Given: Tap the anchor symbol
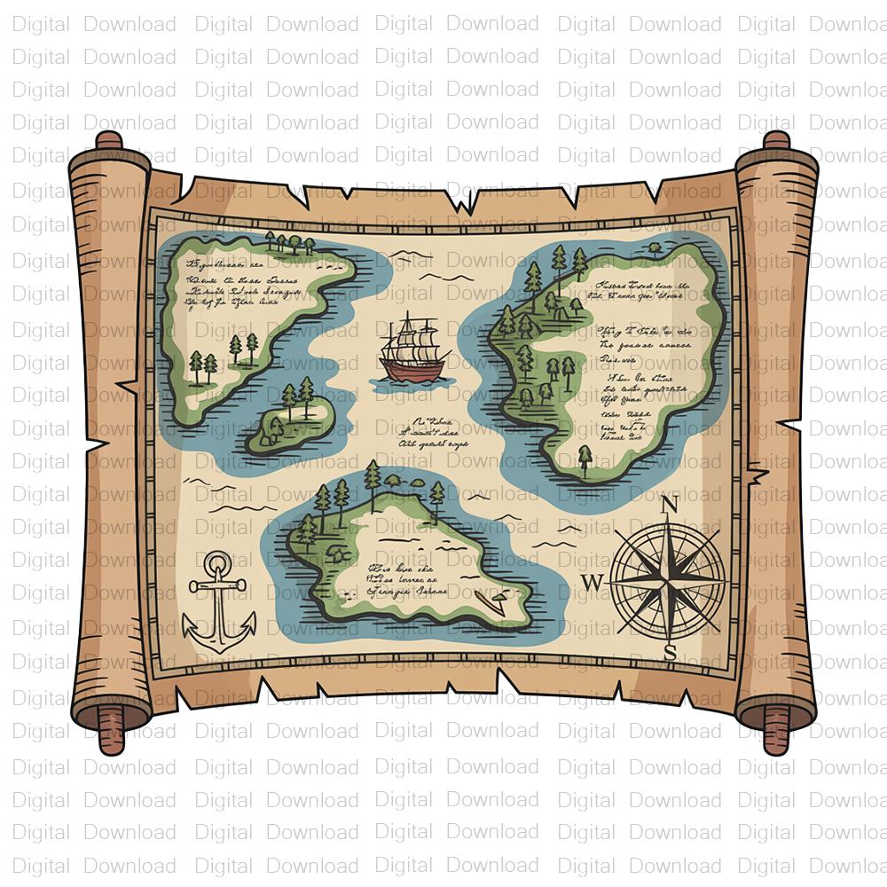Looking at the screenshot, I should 217,603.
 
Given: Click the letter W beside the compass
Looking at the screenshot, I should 593,582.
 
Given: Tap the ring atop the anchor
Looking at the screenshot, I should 217,563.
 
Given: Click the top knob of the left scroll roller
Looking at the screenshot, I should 109,140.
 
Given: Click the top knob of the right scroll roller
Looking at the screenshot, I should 776,140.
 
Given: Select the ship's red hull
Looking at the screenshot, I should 411,369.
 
